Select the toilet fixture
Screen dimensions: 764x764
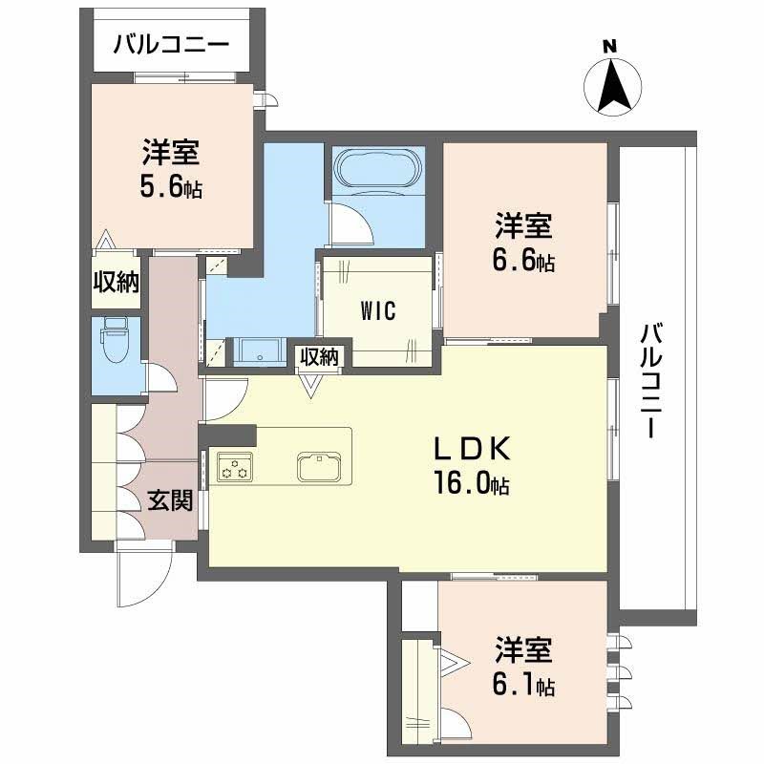[x=114, y=343]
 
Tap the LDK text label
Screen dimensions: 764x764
[x=474, y=449]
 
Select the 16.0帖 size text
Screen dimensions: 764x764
[x=474, y=484]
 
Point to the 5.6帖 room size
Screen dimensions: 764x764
[x=171, y=183]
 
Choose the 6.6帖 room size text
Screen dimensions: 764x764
[x=523, y=260]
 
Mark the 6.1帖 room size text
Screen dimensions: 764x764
[x=523, y=685]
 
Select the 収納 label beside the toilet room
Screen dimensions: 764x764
[x=116, y=282]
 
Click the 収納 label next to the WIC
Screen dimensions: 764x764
[x=320, y=356]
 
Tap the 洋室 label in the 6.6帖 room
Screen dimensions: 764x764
[x=523, y=226]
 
